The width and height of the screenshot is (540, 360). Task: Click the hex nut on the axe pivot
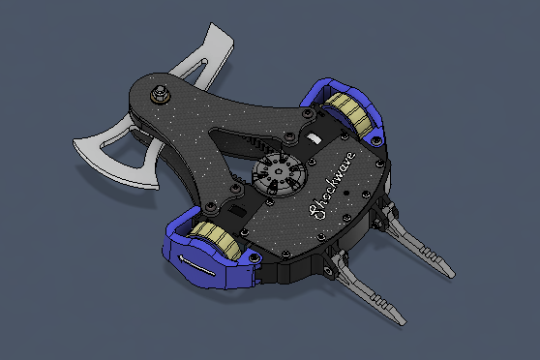(x=160, y=93)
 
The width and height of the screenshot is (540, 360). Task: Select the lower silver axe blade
(x=113, y=152)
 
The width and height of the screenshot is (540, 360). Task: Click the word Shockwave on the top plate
(x=332, y=186)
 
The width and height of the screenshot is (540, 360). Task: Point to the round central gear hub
(x=279, y=175)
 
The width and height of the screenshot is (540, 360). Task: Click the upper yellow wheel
(x=348, y=113)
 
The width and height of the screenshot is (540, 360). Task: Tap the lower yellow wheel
(x=216, y=239)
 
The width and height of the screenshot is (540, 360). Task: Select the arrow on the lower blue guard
(x=196, y=264)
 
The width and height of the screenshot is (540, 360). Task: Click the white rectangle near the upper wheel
(x=315, y=138)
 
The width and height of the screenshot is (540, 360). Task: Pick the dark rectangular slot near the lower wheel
(x=237, y=210)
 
